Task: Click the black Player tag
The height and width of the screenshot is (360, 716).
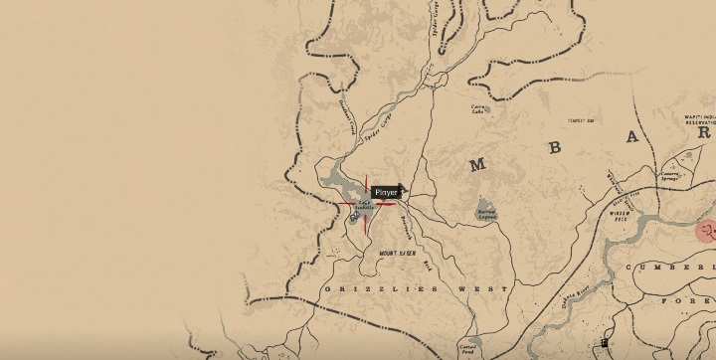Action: tap(386, 191)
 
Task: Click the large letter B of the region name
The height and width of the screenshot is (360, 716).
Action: tap(555, 150)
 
